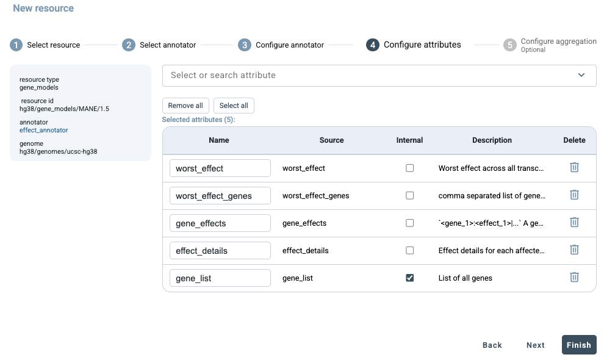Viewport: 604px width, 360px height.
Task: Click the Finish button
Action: pyautogui.click(x=578, y=345)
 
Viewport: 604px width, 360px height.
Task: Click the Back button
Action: pyautogui.click(x=492, y=345)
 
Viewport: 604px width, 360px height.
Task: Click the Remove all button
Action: pyautogui.click(x=185, y=106)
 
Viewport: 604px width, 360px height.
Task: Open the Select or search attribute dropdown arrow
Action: pyautogui.click(x=581, y=75)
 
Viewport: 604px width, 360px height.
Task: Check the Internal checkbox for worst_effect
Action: pyautogui.click(x=409, y=168)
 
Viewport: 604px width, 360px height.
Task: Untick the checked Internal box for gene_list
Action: pyautogui.click(x=409, y=278)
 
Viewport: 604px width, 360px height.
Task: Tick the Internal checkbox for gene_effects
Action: pyautogui.click(x=409, y=223)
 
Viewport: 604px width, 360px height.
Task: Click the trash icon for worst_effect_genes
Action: pyautogui.click(x=574, y=195)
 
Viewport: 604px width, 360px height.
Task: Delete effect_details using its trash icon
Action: pyautogui.click(x=574, y=250)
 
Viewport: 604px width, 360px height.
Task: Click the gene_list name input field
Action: pyautogui.click(x=220, y=278)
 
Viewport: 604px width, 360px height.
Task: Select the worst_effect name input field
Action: pyautogui.click(x=220, y=168)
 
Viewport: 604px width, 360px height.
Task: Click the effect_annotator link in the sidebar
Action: pyautogui.click(x=43, y=131)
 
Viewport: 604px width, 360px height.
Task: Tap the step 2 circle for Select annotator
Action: pyautogui.click(x=129, y=45)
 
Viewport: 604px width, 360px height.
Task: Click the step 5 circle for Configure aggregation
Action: pyautogui.click(x=509, y=45)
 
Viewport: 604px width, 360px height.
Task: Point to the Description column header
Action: pyautogui.click(x=492, y=140)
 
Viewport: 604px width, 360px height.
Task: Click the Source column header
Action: pyautogui.click(x=331, y=140)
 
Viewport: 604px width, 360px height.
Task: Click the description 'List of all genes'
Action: pyautogui.click(x=465, y=278)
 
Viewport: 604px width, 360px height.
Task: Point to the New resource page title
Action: pyautogui.click(x=43, y=8)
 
